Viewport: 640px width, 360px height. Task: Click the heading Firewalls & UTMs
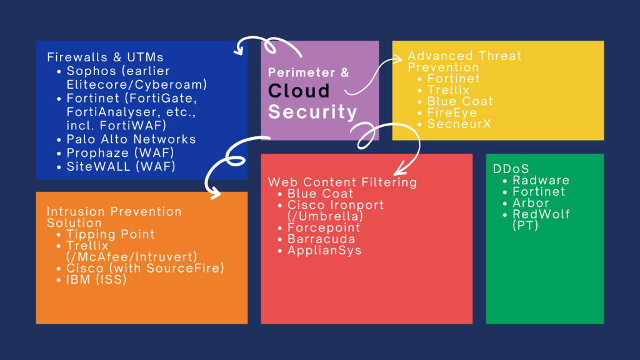click(105, 57)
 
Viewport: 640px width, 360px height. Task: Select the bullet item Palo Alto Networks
click(131, 139)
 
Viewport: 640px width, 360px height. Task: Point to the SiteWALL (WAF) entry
click(121, 167)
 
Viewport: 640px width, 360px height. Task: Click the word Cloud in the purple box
click(299, 91)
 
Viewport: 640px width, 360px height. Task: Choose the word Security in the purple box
click(312, 112)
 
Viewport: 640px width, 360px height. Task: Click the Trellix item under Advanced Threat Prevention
click(448, 91)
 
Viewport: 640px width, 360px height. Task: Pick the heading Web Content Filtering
click(342, 182)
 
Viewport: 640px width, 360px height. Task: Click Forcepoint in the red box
click(324, 228)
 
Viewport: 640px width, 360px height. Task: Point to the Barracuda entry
click(321, 239)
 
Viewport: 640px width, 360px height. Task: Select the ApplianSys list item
click(324, 251)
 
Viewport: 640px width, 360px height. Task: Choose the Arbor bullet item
click(531, 203)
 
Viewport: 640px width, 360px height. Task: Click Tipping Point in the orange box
click(111, 234)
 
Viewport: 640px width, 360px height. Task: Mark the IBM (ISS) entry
click(97, 279)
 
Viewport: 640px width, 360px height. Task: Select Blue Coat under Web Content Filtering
click(320, 194)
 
